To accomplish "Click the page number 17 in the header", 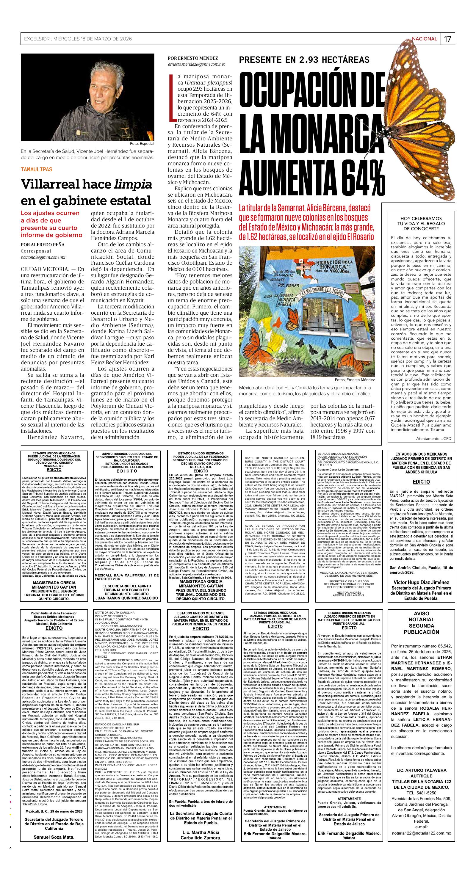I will pos(447,39).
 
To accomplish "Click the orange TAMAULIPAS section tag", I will pos(36,169).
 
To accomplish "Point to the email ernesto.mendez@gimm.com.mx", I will pos(196,64).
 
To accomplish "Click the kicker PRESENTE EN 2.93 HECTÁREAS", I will pos(304,60).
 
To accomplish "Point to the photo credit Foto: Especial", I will pos(142,144).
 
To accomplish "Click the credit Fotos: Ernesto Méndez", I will pos(354,380).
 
